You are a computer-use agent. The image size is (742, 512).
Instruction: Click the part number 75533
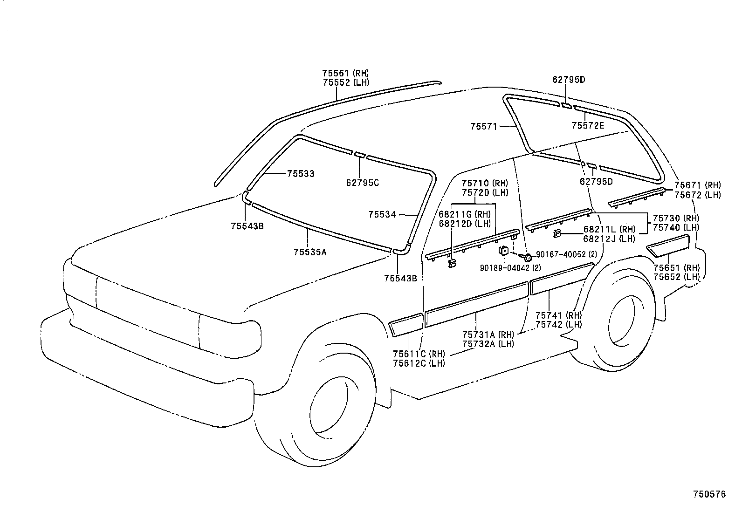click(x=300, y=174)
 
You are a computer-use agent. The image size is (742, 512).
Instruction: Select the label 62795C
click(x=362, y=183)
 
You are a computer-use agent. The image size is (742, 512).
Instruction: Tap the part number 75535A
click(x=310, y=252)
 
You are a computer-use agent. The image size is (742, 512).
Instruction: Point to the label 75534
click(x=382, y=214)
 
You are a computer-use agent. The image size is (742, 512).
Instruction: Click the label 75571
click(x=484, y=126)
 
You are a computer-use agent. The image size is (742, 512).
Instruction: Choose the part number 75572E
click(x=587, y=125)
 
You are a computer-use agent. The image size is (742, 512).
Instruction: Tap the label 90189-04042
click(x=504, y=267)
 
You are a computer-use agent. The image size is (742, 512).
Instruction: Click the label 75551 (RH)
click(x=345, y=73)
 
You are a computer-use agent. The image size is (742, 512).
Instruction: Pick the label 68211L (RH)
click(x=609, y=230)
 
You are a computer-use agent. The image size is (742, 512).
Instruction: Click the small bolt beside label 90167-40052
click(x=528, y=257)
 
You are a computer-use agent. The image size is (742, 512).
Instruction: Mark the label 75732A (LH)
click(x=488, y=344)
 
